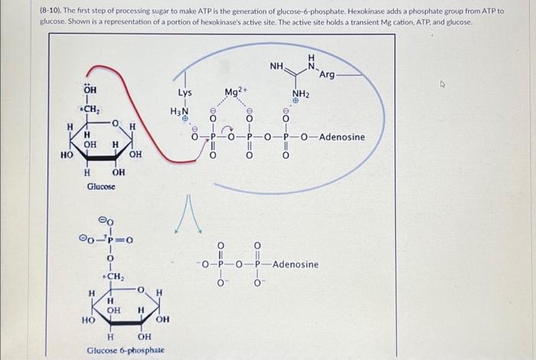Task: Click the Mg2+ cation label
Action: [235, 92]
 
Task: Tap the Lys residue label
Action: [185, 93]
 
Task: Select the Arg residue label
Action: [327, 74]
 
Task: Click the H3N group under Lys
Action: [179, 112]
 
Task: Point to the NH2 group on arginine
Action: [301, 94]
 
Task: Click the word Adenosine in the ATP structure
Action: [342, 137]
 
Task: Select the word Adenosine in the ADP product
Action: [296, 264]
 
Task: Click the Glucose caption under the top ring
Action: [101, 186]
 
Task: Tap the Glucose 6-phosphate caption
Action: [126, 350]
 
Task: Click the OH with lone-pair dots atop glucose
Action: [90, 89]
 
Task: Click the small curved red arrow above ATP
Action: [227, 128]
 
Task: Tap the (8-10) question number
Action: [51, 11]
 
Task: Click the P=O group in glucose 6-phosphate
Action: [119, 240]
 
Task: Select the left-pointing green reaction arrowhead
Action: [177, 231]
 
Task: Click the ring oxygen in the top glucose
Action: [116, 123]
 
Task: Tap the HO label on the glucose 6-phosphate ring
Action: [88, 320]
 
